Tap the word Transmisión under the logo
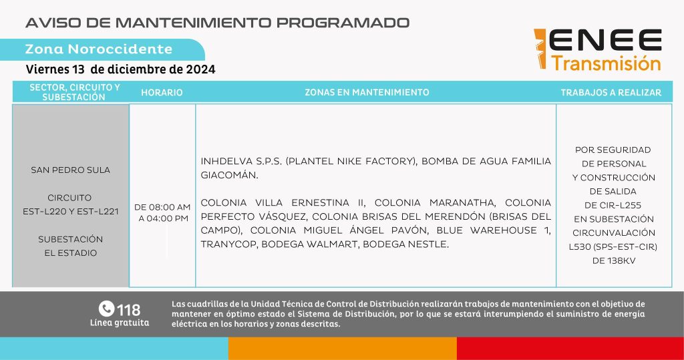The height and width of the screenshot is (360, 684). [x=606, y=64]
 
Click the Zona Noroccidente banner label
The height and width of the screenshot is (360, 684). [x=98, y=49]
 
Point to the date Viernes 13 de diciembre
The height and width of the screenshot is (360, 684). [x=120, y=69]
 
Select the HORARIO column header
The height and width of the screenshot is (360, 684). [x=162, y=92]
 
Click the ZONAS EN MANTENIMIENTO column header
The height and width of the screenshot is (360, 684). [x=367, y=92]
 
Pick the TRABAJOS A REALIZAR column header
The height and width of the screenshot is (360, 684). [x=611, y=92]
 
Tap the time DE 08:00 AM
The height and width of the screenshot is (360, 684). [x=162, y=206]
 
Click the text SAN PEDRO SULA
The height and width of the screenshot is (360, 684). [x=71, y=170]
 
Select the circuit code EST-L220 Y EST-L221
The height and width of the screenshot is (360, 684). [x=71, y=212]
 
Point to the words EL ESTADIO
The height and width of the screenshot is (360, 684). [x=71, y=253]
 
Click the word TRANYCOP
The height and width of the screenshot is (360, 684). [x=227, y=244]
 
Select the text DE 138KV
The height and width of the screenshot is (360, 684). [x=614, y=260]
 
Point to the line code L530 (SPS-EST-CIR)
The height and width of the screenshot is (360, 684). [x=614, y=246]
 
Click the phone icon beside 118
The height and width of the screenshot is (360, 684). [x=106, y=309]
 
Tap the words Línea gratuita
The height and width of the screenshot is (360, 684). [x=120, y=323]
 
